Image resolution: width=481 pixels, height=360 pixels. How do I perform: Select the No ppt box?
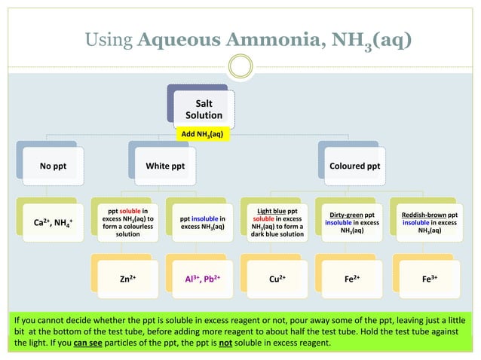point(53,165)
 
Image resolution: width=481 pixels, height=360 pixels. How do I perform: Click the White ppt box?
point(165,165)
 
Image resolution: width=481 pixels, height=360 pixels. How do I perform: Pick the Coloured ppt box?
point(354,165)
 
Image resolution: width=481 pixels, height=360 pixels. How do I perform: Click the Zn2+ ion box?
point(127,278)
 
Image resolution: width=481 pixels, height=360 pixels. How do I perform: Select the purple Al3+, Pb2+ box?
point(202,278)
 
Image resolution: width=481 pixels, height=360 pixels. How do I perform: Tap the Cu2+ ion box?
point(277,278)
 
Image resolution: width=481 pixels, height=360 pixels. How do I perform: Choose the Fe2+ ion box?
point(351,278)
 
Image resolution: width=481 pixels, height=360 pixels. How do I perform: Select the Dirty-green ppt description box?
point(351,223)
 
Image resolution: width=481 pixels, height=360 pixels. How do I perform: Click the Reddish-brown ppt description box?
point(427,223)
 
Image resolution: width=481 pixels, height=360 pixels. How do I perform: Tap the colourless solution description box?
point(127,223)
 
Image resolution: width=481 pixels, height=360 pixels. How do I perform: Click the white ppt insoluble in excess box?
point(202,223)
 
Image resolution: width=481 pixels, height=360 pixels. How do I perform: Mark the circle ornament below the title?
point(240,68)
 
